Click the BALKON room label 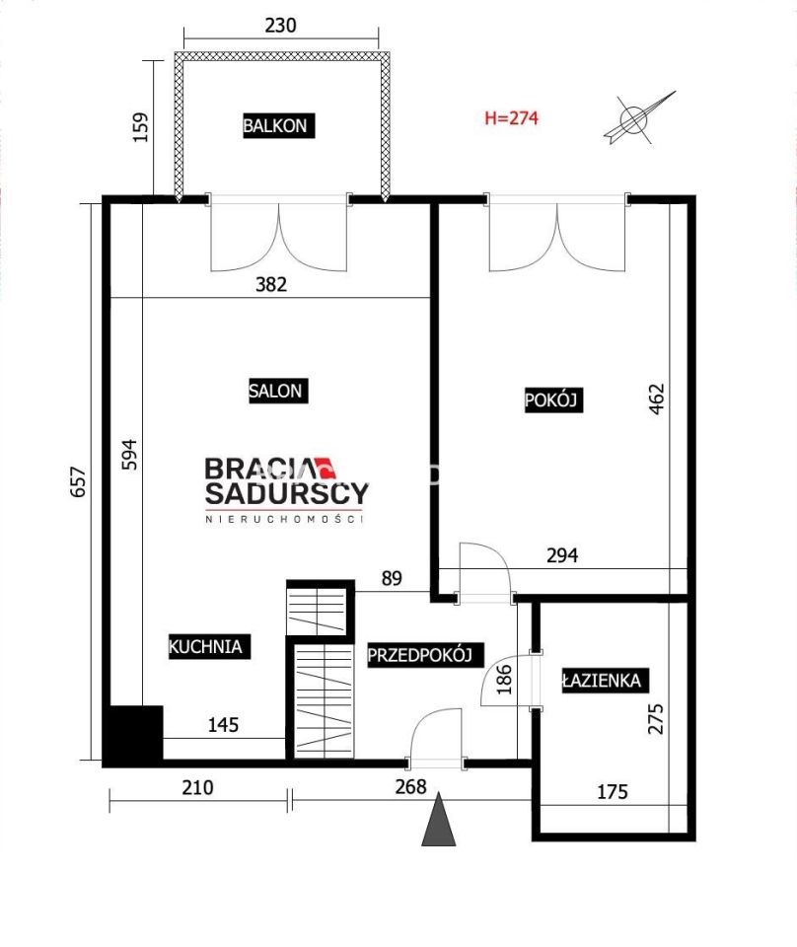tap(278, 125)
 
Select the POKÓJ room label tap(553, 400)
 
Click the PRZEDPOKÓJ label tap(425, 655)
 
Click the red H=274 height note tap(511, 117)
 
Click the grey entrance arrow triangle tap(439, 820)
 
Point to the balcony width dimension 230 tap(281, 26)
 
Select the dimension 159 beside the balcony tap(140, 127)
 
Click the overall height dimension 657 tap(79, 481)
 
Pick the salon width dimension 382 tap(271, 284)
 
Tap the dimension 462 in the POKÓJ tap(656, 399)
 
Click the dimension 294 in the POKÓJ tap(562, 554)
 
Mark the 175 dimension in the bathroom tap(613, 791)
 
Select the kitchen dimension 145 tap(223, 724)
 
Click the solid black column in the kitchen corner tap(133, 733)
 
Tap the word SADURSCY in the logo tap(287, 493)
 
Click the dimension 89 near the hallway tap(392, 578)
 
